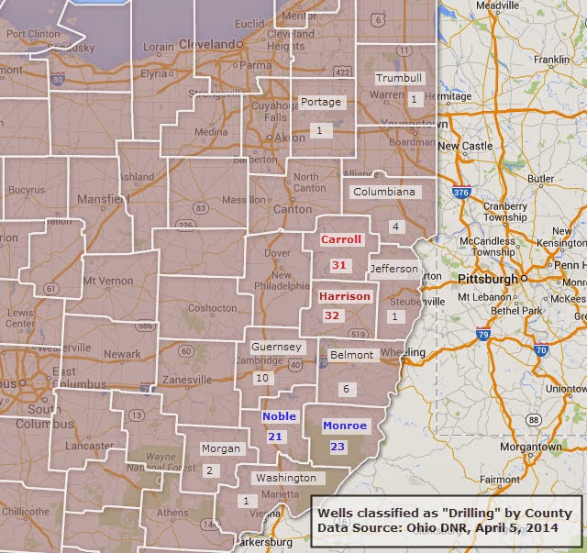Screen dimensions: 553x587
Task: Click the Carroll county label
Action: (341, 239)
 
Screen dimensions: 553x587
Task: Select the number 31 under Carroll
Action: (339, 265)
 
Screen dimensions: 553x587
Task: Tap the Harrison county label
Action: (345, 296)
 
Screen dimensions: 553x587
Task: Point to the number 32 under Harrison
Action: (332, 315)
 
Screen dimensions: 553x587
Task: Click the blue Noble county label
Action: (279, 416)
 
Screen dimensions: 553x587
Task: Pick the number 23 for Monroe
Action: (337, 447)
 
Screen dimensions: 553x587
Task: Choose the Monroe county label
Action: (345, 426)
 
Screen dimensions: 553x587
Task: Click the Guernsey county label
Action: (277, 348)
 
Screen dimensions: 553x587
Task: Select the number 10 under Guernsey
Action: (262, 378)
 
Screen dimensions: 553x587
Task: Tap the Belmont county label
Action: (352, 355)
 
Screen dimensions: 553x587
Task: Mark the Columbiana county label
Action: (384, 193)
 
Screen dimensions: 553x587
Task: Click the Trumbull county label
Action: (399, 78)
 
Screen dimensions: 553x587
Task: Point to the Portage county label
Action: (321, 102)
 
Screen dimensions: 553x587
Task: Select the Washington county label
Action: (285, 478)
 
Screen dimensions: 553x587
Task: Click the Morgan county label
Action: (220, 449)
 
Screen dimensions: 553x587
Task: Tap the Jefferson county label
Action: (394, 270)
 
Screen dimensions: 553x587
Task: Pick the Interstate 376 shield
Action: (461, 193)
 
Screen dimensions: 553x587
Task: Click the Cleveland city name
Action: (206, 43)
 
